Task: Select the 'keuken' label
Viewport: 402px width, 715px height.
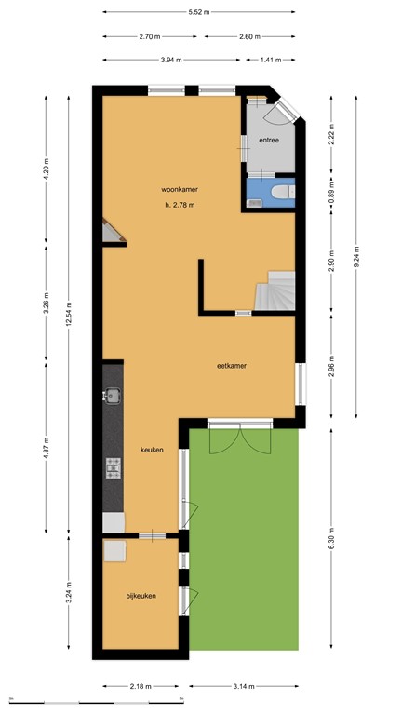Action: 152,450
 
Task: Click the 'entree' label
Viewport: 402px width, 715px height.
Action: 270,141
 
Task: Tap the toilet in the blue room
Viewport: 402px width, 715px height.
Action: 283,192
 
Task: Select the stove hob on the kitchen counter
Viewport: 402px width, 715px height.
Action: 114,467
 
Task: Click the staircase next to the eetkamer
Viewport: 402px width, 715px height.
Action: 276,290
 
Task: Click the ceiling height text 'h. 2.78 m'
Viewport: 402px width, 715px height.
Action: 179,205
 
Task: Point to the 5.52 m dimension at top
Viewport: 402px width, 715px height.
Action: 198,12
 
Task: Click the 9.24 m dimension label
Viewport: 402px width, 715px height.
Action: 355,257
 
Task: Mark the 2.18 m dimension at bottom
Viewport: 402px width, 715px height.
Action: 141,687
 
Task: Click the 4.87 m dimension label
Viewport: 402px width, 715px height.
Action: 47,448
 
